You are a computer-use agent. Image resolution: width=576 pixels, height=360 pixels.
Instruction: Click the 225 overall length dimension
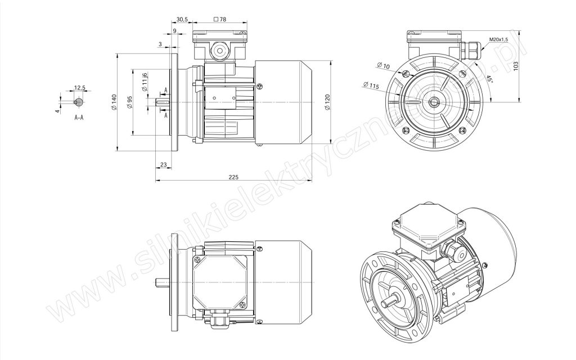233,177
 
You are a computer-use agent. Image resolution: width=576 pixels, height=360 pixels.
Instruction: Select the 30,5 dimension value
182,19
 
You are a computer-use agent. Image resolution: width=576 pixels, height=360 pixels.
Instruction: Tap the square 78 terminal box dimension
220,19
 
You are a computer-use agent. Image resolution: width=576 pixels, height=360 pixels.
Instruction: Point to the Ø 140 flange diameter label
114,102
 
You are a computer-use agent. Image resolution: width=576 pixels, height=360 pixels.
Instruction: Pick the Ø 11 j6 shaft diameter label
145,82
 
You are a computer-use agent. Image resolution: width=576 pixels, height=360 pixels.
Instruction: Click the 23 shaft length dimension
164,165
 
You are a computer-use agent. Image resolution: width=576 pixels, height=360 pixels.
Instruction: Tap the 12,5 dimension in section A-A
80,88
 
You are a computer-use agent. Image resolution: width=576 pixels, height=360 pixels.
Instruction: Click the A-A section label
79,118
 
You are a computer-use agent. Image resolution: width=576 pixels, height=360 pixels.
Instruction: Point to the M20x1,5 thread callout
498,39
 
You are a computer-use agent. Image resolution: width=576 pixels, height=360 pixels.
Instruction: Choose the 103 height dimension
516,66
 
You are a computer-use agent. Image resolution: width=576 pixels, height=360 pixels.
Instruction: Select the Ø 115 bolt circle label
371,86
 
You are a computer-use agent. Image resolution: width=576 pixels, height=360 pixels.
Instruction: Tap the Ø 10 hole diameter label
383,66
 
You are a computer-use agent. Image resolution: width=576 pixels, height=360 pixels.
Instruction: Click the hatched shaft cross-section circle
79,102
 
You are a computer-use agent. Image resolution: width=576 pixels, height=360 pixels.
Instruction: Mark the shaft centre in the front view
435,102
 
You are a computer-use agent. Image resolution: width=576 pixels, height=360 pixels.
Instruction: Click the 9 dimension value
174,31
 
